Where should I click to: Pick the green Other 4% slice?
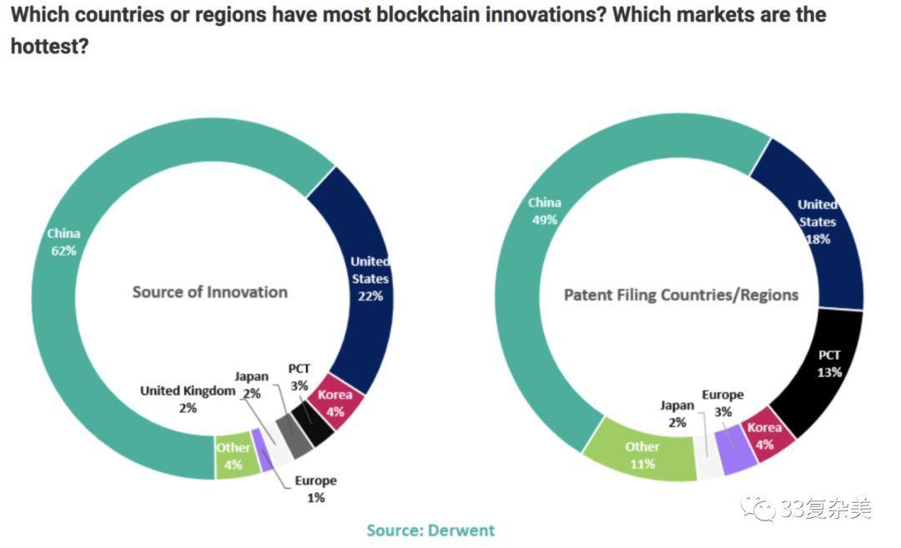[x=233, y=455]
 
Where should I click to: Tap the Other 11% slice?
[x=642, y=455]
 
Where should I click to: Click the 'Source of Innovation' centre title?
[x=209, y=292]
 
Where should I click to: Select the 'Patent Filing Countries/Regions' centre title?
[x=681, y=294]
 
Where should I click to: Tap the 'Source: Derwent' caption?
[x=430, y=530]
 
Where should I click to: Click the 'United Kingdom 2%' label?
[x=188, y=399]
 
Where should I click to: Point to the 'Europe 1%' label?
[x=315, y=489]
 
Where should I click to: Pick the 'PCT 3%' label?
[x=299, y=376]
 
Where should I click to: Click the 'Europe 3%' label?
[x=722, y=403]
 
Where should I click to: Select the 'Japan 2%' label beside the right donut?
[x=677, y=414]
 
